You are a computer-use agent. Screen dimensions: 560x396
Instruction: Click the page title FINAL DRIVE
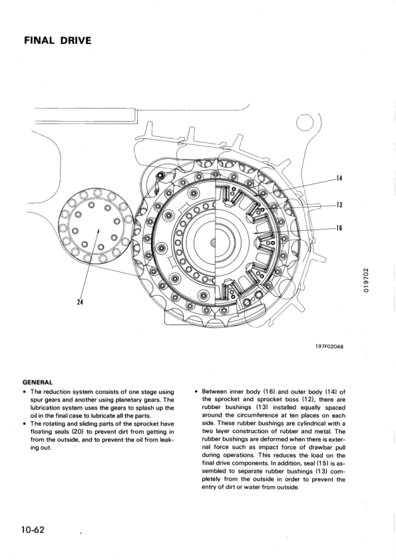[x=57, y=41]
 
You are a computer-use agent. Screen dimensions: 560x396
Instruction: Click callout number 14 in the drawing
[x=339, y=178]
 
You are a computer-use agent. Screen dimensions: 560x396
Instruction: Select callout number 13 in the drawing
[x=339, y=204]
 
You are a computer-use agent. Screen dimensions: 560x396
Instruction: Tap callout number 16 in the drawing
[x=339, y=227]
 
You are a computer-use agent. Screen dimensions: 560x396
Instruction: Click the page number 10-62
[x=32, y=529]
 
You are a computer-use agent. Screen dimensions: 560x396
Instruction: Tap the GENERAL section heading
[x=37, y=382]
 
